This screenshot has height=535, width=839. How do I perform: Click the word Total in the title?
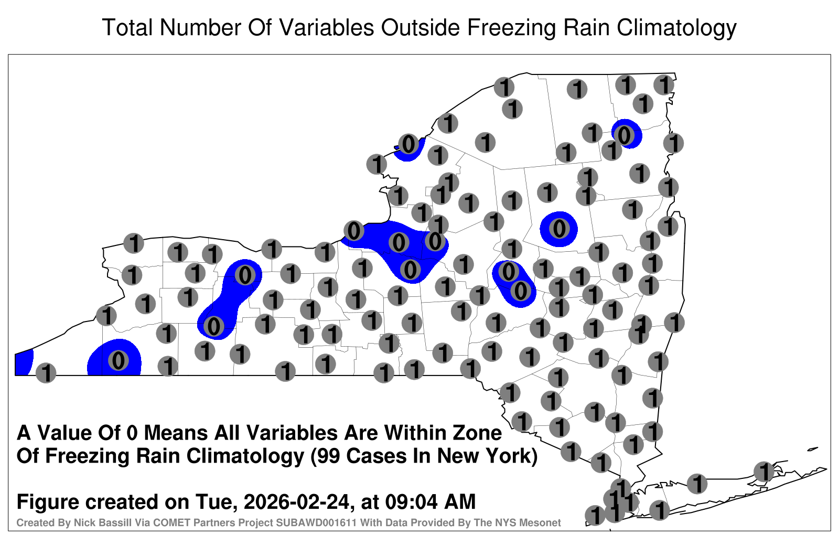tap(127, 27)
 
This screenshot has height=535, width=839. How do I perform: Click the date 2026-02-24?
tap(296, 501)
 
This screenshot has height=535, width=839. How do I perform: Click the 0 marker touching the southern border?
tap(119, 360)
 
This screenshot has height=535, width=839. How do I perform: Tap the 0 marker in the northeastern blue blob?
tap(624, 135)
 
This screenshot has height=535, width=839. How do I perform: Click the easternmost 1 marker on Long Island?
tap(763, 472)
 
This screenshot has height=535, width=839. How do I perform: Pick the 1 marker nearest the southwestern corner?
tap(46, 373)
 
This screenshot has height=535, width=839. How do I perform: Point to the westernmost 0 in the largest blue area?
tap(354, 230)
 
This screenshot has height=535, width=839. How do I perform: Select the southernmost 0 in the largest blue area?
tap(410, 269)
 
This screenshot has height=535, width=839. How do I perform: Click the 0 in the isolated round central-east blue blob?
tap(559, 228)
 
